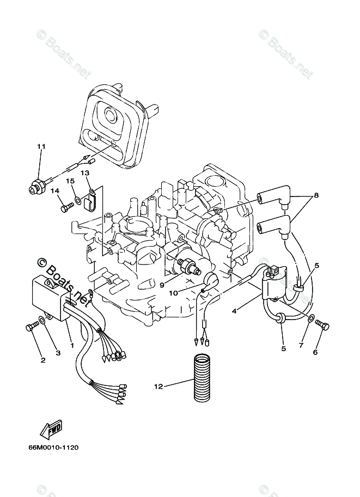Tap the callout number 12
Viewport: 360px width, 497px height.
point(158,387)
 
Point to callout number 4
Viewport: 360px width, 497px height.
point(234,311)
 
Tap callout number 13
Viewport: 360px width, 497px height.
point(85,173)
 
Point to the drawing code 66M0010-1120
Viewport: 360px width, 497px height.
point(52,448)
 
